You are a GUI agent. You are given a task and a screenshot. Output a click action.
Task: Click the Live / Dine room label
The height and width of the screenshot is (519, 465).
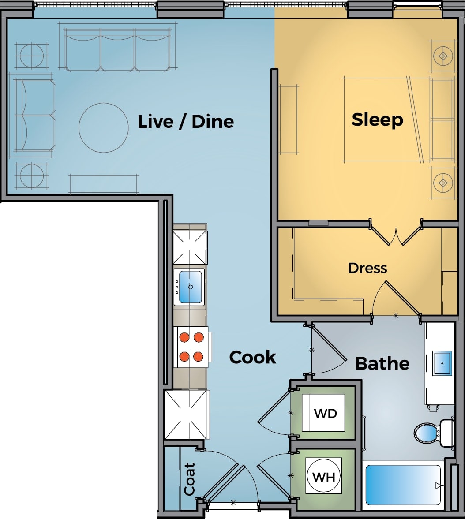[x=186, y=122]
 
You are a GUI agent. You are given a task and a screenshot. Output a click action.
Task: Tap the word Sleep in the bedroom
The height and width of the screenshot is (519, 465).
[x=377, y=119]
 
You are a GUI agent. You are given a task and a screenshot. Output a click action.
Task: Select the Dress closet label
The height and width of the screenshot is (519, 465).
[x=367, y=268]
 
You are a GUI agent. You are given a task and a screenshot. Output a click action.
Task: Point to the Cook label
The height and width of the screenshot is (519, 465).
[x=253, y=357]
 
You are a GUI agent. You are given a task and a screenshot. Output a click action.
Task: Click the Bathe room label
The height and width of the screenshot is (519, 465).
[x=382, y=364]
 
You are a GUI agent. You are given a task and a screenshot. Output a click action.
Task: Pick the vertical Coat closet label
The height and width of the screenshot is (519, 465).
[x=189, y=479]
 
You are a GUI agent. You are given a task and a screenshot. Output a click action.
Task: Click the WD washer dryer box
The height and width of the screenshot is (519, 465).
[x=324, y=414]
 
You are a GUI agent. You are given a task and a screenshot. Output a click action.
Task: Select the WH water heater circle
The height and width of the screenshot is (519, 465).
[x=324, y=477]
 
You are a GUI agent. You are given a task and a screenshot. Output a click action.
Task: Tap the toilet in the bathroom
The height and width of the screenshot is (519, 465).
[x=430, y=433]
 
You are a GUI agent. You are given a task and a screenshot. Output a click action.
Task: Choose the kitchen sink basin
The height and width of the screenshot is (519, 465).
[x=190, y=287]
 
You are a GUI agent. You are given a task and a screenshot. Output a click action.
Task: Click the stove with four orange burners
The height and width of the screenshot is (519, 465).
[x=192, y=347]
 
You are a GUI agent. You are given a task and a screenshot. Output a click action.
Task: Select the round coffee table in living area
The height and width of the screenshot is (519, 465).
[x=101, y=127]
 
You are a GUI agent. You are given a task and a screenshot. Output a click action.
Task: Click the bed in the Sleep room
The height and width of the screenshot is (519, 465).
[x=386, y=119]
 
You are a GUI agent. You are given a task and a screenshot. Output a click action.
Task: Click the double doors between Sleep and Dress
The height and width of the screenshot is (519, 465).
[x=396, y=234]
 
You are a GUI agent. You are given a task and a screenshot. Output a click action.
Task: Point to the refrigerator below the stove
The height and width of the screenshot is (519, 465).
[x=186, y=414]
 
